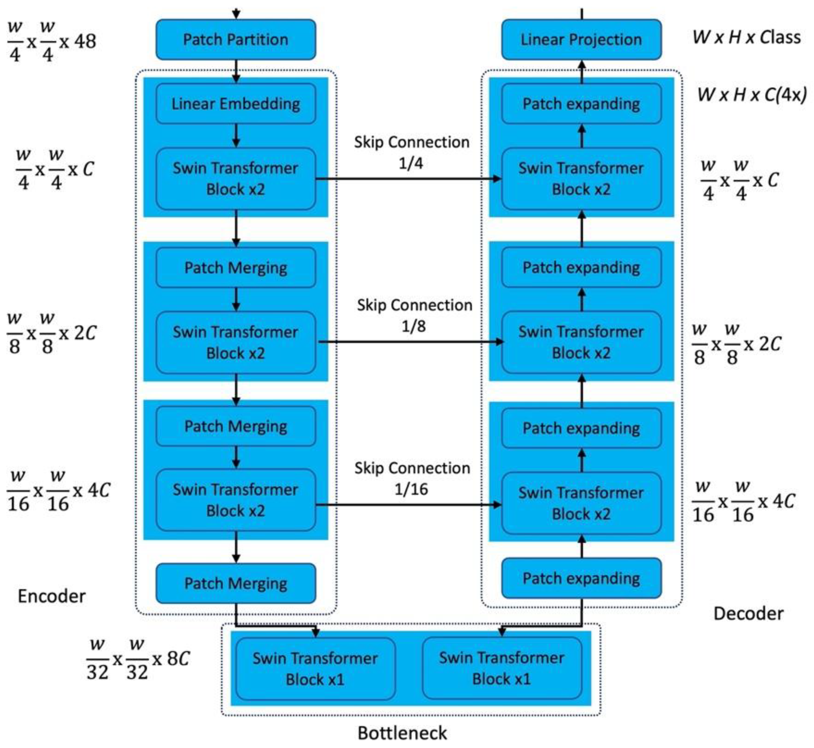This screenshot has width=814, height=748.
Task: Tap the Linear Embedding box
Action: click(236, 104)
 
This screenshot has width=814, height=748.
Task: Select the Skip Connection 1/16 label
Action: click(412, 479)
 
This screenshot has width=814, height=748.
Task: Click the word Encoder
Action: click(51, 596)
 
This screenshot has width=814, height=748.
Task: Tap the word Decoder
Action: click(748, 614)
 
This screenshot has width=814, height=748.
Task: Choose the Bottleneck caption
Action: click(402, 733)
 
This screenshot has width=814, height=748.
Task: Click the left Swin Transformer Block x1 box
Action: click(315, 669)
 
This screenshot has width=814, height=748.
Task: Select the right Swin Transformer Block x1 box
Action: click(502, 668)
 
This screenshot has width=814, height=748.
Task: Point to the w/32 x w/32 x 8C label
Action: click(138, 659)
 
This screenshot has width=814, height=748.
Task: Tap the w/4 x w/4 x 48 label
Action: click(51, 41)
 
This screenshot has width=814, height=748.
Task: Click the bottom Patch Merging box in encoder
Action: click(236, 583)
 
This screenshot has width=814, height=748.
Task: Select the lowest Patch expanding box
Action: click(581, 578)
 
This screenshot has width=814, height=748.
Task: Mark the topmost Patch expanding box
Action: click(581, 104)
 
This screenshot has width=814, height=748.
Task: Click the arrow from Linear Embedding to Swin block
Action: click(236, 136)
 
